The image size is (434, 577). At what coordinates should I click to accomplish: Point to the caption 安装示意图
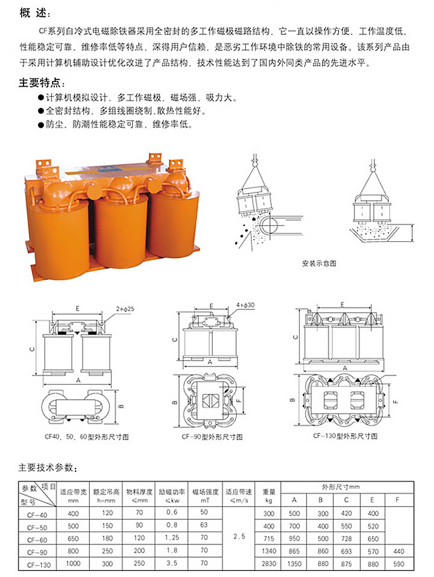click(319, 263)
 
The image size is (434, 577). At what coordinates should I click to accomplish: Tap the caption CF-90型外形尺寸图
click(212, 436)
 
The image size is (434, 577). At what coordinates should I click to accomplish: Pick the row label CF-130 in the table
click(37, 565)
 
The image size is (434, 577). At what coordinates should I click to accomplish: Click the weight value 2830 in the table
click(269, 565)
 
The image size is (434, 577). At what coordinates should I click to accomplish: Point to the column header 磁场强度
click(204, 491)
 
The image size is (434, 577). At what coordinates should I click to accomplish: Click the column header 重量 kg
click(269, 495)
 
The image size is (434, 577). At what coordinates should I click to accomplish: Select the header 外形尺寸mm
click(345, 486)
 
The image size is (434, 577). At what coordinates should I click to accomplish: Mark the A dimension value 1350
click(294, 565)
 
